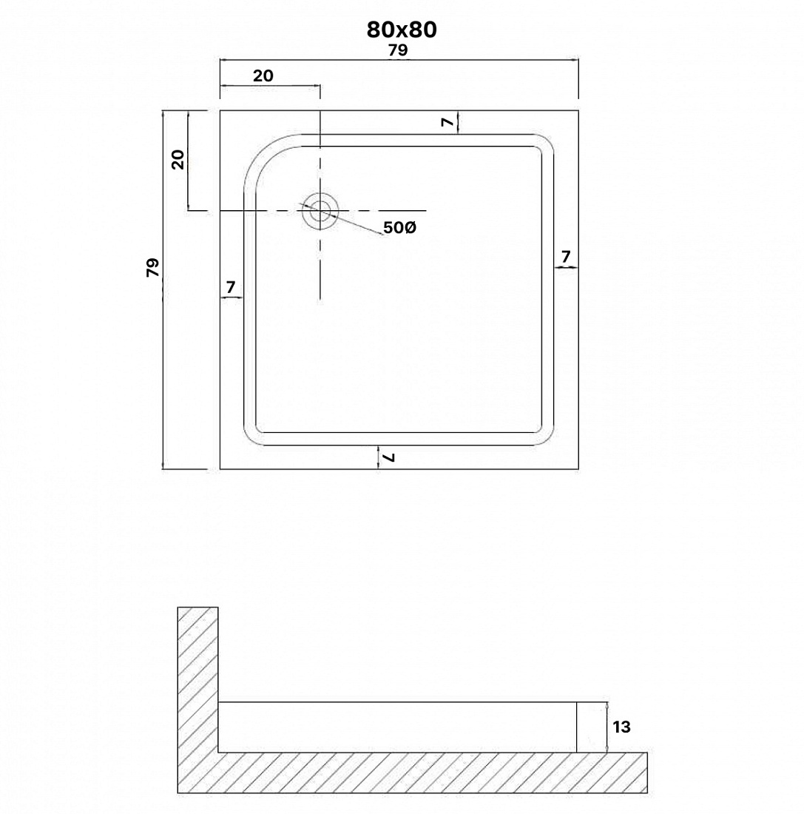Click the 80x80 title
point(402,30)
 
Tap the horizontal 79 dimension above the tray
point(398,50)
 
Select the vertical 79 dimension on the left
point(152,267)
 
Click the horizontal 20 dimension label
point(263,75)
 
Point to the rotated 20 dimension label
point(178,159)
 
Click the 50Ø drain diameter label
point(399,227)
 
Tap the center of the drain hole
point(320,210)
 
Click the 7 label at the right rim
point(566,256)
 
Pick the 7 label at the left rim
point(231,286)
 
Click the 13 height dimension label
point(621,727)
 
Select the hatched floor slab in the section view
point(413,773)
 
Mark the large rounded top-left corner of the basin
point(261,152)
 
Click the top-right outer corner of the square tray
point(578,110)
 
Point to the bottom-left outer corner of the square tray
point(220,468)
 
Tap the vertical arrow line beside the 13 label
point(607,727)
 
